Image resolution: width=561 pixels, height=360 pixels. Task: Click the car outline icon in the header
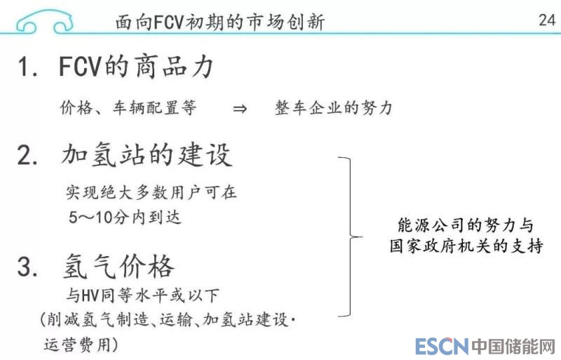click(44, 20)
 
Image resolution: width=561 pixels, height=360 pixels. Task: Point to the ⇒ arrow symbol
click(240, 109)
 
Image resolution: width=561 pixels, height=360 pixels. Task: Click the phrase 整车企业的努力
click(333, 109)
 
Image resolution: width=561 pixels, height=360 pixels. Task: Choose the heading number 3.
click(27, 267)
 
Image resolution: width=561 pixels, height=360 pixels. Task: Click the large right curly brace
click(349, 236)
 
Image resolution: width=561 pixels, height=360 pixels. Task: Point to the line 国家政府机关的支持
click(465, 247)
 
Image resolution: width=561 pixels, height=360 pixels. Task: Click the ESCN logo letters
click(441, 346)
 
